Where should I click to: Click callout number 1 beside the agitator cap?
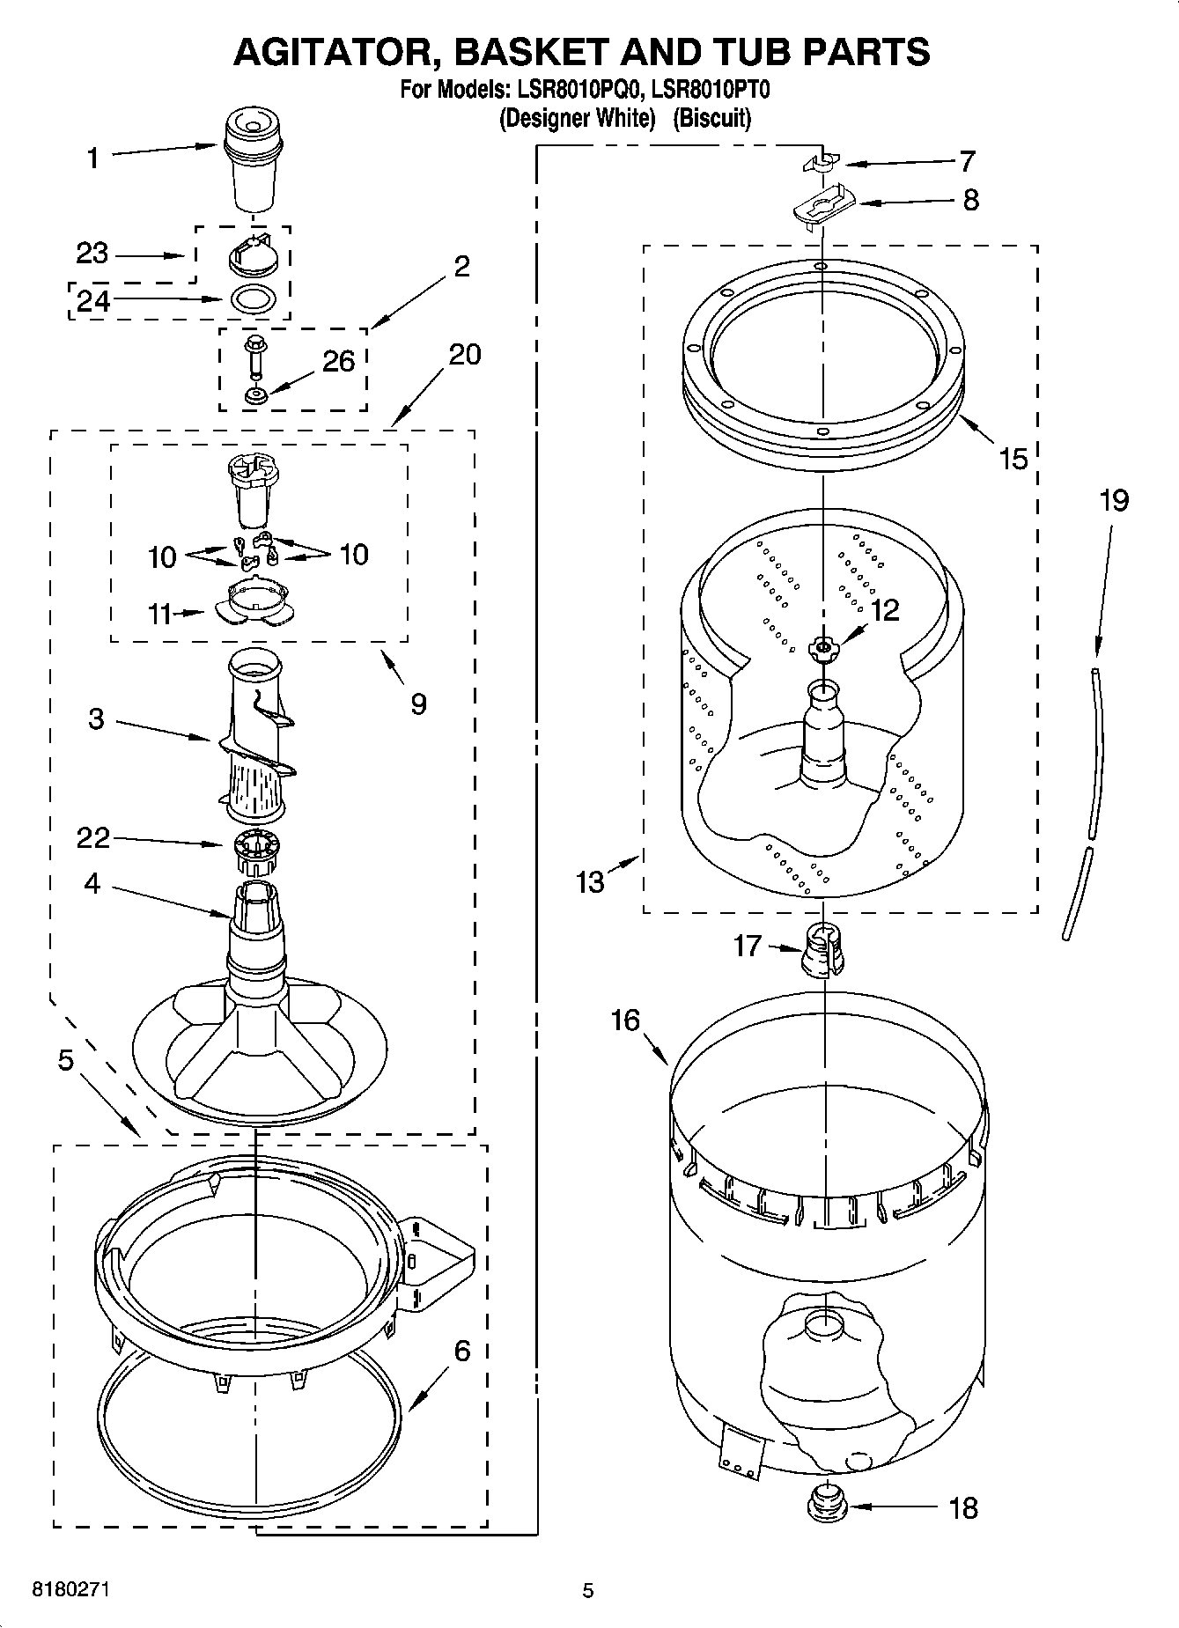click(93, 158)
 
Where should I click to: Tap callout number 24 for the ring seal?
click(93, 301)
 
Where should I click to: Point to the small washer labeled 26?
click(256, 394)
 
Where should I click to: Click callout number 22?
click(93, 837)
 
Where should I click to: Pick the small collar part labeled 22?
click(256, 849)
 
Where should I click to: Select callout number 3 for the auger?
click(96, 719)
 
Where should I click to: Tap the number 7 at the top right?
click(967, 162)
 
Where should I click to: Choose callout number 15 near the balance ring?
click(1013, 458)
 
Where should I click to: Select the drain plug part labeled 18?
click(825, 1506)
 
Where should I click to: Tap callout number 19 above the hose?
click(1113, 500)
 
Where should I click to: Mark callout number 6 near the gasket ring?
click(462, 1350)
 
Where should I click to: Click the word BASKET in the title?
click(534, 52)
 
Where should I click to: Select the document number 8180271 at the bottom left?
click(71, 1590)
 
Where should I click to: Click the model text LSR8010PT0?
click(711, 89)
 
